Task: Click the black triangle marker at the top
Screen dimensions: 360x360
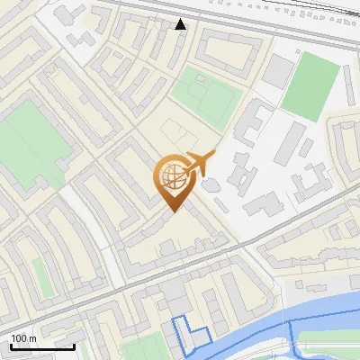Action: click(x=181, y=24)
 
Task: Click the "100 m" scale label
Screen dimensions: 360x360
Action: click(x=23, y=338)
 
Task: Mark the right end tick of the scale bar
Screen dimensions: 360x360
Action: click(x=74, y=344)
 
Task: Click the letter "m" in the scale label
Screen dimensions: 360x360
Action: click(x=32, y=338)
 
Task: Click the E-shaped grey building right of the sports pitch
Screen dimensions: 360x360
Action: click(x=256, y=121)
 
